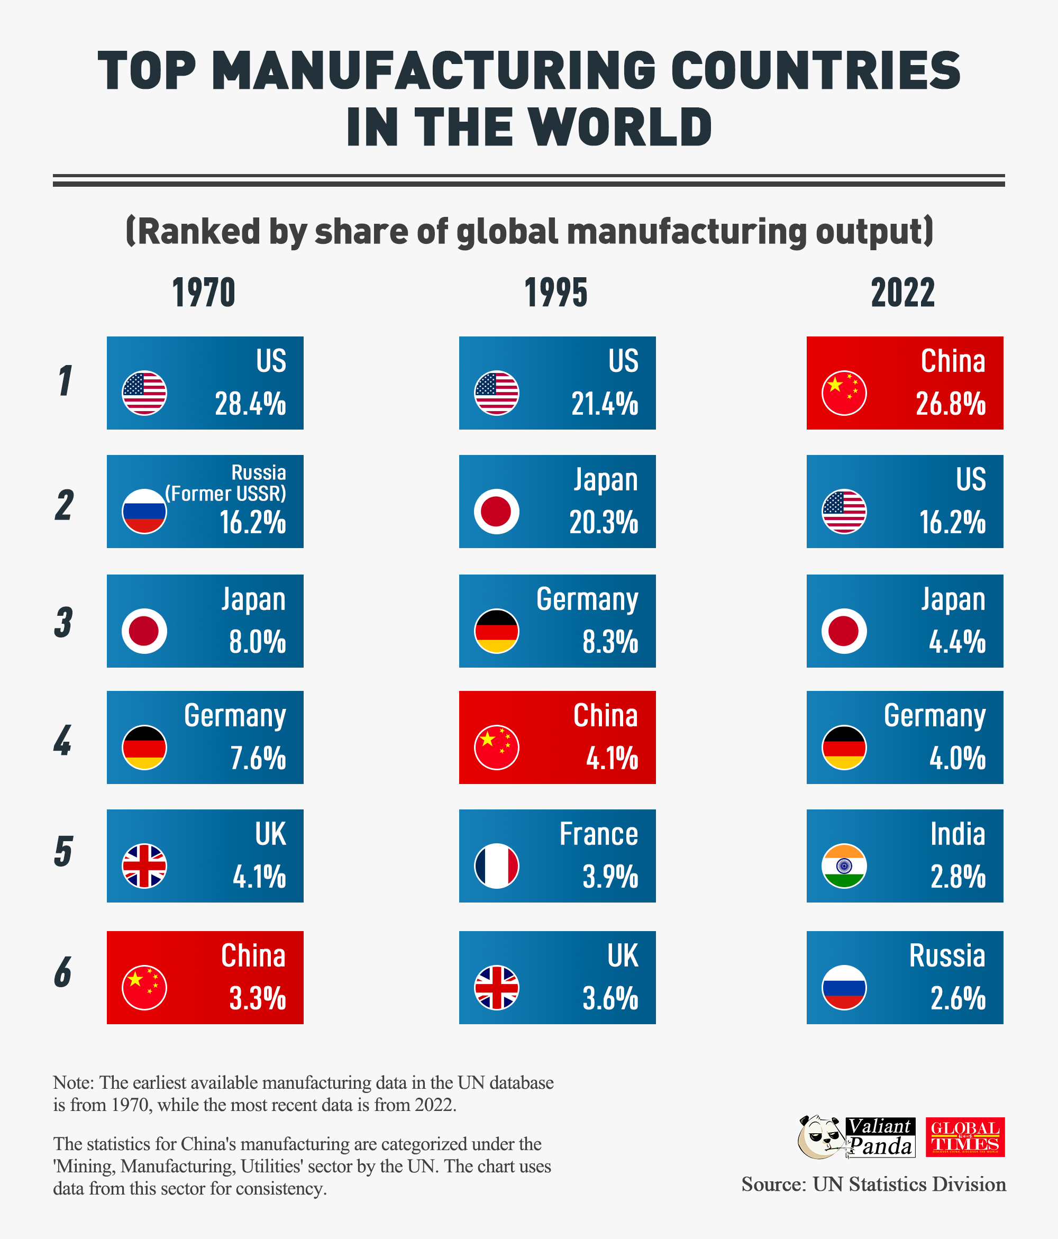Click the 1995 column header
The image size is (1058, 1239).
[555, 293]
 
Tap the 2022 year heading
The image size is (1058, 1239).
[902, 293]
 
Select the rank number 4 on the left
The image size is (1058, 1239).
[63, 740]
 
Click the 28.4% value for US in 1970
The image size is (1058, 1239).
[250, 404]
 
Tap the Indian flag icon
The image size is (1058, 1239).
[844, 866]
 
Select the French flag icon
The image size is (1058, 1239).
[496, 866]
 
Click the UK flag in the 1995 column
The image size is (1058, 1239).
[496, 987]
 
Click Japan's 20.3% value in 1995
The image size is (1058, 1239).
[604, 523]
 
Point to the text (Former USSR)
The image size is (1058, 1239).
[225, 494]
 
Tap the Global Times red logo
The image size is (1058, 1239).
[965, 1137]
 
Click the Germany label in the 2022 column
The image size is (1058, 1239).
[934, 716]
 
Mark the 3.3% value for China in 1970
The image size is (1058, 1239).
[257, 999]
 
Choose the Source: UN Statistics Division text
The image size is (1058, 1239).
[873, 1185]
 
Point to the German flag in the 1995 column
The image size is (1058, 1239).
[496, 631]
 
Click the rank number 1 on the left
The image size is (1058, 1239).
[65, 381]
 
